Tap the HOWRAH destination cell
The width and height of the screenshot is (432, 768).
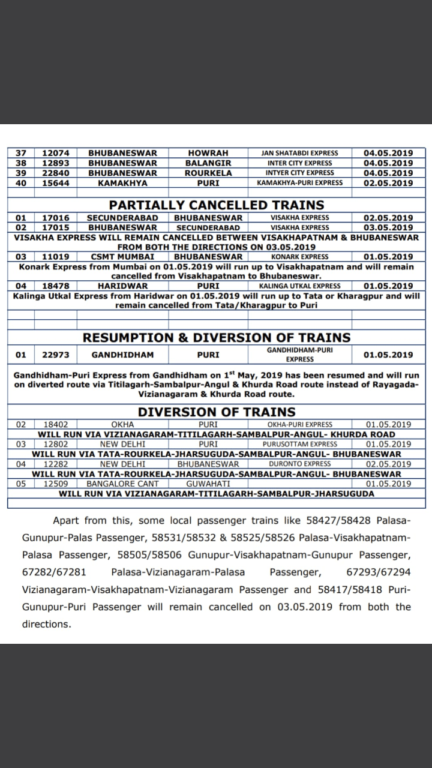tap(208, 153)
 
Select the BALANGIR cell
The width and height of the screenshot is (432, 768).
tap(208, 163)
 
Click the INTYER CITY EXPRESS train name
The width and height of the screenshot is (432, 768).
tap(299, 173)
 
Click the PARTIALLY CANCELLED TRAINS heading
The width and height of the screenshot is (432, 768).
tap(216, 205)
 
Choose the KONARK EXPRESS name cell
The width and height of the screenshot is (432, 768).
tap(299, 257)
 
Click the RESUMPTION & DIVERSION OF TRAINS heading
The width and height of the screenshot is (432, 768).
tap(216, 338)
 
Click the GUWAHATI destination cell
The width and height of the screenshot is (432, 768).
tap(208, 484)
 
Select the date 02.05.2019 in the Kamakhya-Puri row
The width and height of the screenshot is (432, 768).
tap(388, 182)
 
